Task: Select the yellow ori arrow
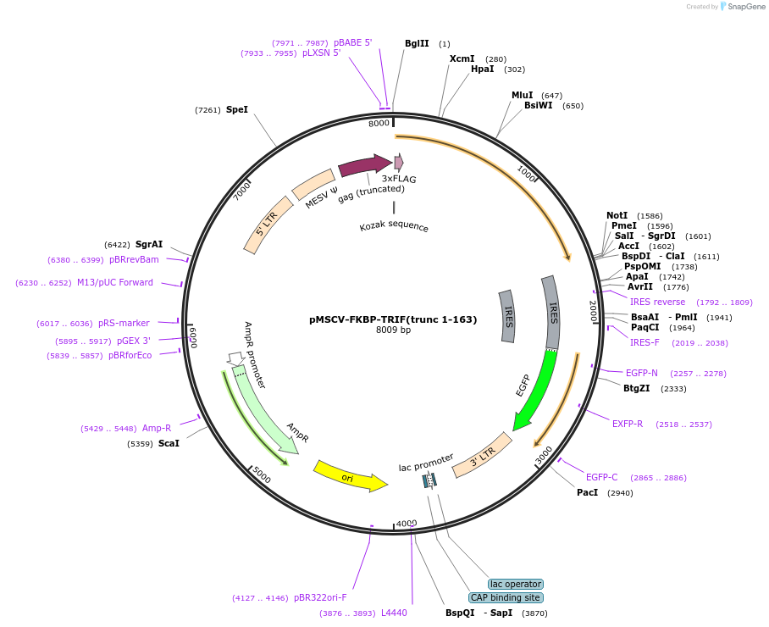pos(348,477)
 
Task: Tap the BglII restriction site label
pos(417,43)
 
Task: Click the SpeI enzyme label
pos(237,109)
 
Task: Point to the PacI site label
pos(588,492)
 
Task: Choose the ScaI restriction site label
pos(169,443)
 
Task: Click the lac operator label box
pos(516,584)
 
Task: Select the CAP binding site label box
pos(506,597)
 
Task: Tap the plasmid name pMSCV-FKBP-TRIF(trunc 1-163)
pos(393,319)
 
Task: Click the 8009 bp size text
pos(393,330)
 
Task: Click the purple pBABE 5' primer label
pos(352,42)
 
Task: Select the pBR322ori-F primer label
pos(320,597)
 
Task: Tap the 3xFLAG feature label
pos(399,179)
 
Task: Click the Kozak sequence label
pos(394,227)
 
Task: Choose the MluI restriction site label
pos(523,95)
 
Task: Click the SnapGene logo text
pos(746,7)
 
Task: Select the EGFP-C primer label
pos(602,478)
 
